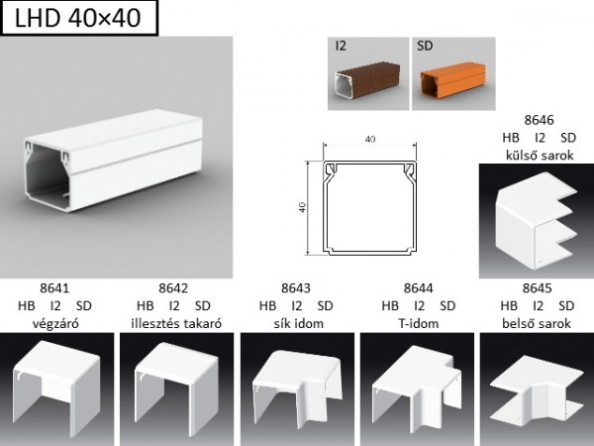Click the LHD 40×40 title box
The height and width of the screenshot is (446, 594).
(x=79, y=18)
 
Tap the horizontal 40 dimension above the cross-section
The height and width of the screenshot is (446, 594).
(x=370, y=140)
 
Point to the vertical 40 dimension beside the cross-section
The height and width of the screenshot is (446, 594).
(x=302, y=207)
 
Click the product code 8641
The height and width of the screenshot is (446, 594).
(x=54, y=288)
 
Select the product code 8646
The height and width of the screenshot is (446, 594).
(x=539, y=120)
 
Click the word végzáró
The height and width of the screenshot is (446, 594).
(x=55, y=323)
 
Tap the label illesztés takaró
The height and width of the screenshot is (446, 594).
(x=176, y=323)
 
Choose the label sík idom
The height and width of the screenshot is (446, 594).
(x=299, y=323)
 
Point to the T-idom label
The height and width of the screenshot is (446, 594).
(x=418, y=323)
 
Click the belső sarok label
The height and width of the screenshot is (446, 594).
(x=537, y=323)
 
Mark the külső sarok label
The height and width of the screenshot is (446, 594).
(x=540, y=156)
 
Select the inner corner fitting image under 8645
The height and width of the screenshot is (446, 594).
(x=537, y=390)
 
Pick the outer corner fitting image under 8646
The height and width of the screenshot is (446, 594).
(x=537, y=221)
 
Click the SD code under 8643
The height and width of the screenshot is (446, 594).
(x=325, y=305)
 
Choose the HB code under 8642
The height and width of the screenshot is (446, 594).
(x=146, y=305)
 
